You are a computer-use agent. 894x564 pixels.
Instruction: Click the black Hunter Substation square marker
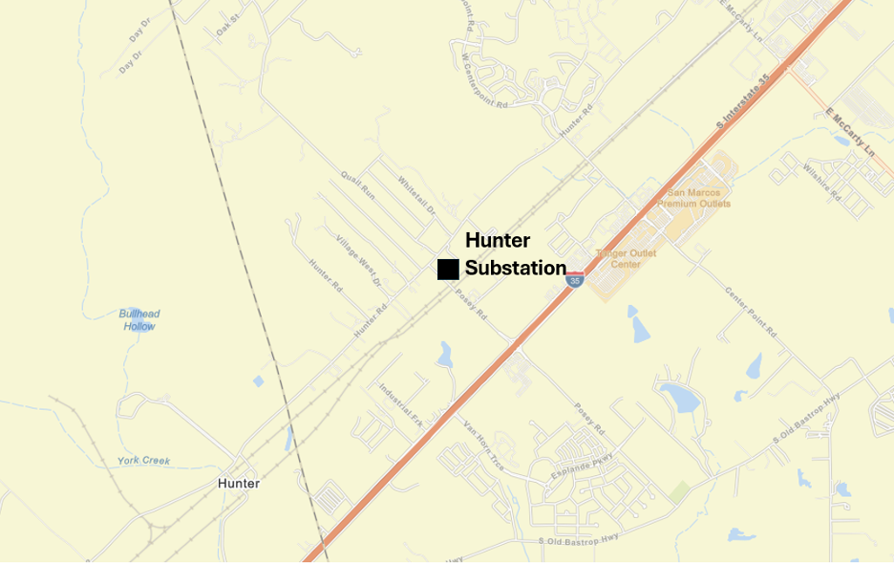[x=448, y=270]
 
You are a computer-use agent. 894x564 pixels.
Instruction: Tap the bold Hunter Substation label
[x=514, y=254]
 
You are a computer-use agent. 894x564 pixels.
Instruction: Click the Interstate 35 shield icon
[x=574, y=279]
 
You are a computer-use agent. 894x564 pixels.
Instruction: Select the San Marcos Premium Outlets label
[x=693, y=198]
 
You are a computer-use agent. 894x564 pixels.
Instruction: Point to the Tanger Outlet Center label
[x=626, y=258]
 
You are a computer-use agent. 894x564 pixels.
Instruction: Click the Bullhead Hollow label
[x=139, y=319]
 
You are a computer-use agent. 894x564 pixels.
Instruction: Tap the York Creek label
[x=143, y=460]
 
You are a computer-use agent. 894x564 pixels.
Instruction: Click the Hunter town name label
[x=238, y=483]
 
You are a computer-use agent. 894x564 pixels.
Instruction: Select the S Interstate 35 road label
[x=743, y=105]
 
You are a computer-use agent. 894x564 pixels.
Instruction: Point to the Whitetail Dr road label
[x=416, y=195]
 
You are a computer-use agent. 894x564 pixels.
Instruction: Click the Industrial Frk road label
[x=400, y=404]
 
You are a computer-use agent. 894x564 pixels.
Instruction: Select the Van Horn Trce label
[x=483, y=445]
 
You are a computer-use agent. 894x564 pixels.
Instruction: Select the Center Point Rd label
[x=750, y=311]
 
